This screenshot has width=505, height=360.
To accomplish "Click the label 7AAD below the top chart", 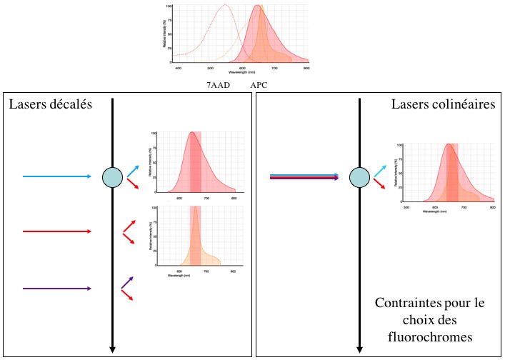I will pyautogui.click(x=214, y=85).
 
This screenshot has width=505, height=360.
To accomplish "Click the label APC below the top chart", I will pyautogui.click(x=259, y=85).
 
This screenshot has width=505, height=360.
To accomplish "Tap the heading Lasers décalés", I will pyautogui.click(x=51, y=105).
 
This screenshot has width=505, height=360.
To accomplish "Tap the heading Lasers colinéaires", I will pyautogui.click(x=443, y=105).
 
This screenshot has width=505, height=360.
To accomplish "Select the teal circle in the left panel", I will pyautogui.click(x=112, y=176).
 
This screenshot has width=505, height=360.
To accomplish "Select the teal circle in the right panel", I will pyautogui.click(x=359, y=176).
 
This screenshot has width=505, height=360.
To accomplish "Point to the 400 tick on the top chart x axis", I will pyautogui.click(x=179, y=68).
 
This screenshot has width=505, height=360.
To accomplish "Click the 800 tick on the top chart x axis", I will pyautogui.click(x=306, y=68).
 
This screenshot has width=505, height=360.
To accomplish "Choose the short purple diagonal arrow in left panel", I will pyautogui.click(x=127, y=282).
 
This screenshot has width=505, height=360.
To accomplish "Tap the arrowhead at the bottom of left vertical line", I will pyautogui.click(x=112, y=349).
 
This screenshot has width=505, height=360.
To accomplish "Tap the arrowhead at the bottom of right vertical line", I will pyautogui.click(x=359, y=349).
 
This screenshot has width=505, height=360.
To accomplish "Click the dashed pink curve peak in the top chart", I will pyautogui.click(x=225, y=6).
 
